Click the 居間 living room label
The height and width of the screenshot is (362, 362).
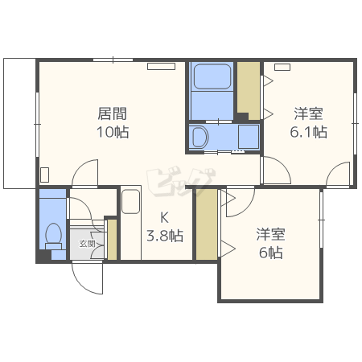tap(112, 113)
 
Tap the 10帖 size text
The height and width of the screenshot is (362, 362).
tap(113, 132)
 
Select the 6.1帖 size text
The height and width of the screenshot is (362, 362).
tap(308, 132)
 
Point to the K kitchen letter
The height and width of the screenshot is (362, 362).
tap(164, 217)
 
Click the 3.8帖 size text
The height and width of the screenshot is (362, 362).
tap(165, 236)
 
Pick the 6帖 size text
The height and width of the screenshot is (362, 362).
tap(271, 253)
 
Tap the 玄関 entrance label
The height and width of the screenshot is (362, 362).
tap(87, 244)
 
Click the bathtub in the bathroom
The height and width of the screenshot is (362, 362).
tap(212, 76)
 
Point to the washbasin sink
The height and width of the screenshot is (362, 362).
tap(200, 137)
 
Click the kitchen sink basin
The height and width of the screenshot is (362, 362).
tap(131, 201)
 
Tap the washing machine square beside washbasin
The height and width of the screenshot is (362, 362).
tap(249, 137)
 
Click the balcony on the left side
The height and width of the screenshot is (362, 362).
tap(19, 123)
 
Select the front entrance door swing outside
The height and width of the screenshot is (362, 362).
tap(88, 278)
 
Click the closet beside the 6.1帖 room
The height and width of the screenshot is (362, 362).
tap(249, 91)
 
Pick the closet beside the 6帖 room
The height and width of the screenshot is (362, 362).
tap(207, 224)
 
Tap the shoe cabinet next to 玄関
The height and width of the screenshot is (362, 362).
tap(112, 240)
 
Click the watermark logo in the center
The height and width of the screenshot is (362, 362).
tap(181, 181)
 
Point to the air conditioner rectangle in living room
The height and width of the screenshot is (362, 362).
tap(161, 66)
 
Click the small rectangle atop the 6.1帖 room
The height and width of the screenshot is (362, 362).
tap(282, 67)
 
